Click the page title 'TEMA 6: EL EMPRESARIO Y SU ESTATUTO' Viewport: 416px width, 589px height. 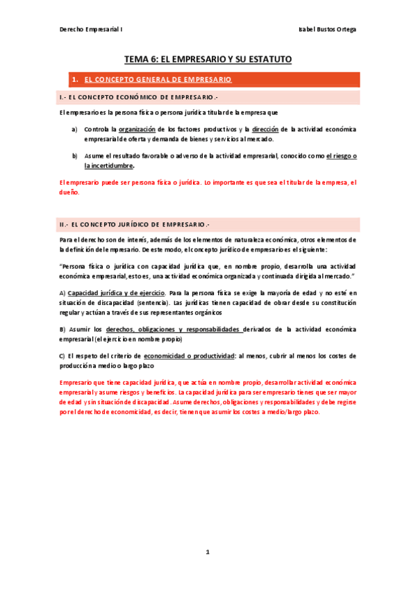pos(208,60)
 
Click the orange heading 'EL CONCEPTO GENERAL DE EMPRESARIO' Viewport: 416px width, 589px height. pos(157,80)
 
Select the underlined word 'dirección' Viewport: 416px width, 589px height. pos(266,129)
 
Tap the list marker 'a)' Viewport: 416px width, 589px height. pos(74,129)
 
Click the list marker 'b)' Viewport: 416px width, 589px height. pos(74,156)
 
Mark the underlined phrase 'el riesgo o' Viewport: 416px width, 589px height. pos(340,156)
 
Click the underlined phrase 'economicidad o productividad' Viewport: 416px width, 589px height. pos(189,356)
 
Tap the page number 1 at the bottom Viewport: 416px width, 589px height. pos(207,551)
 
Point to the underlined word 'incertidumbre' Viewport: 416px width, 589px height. pos(108,166)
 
